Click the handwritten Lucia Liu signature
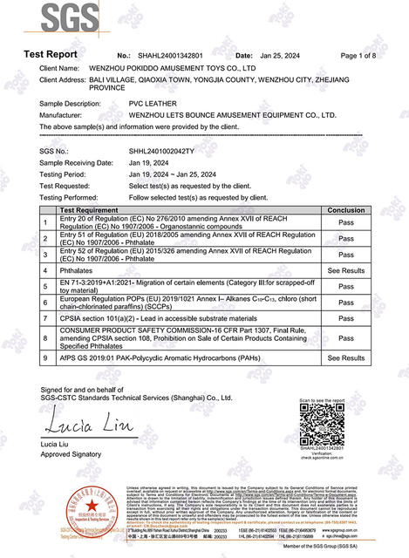[x=70, y=426]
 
